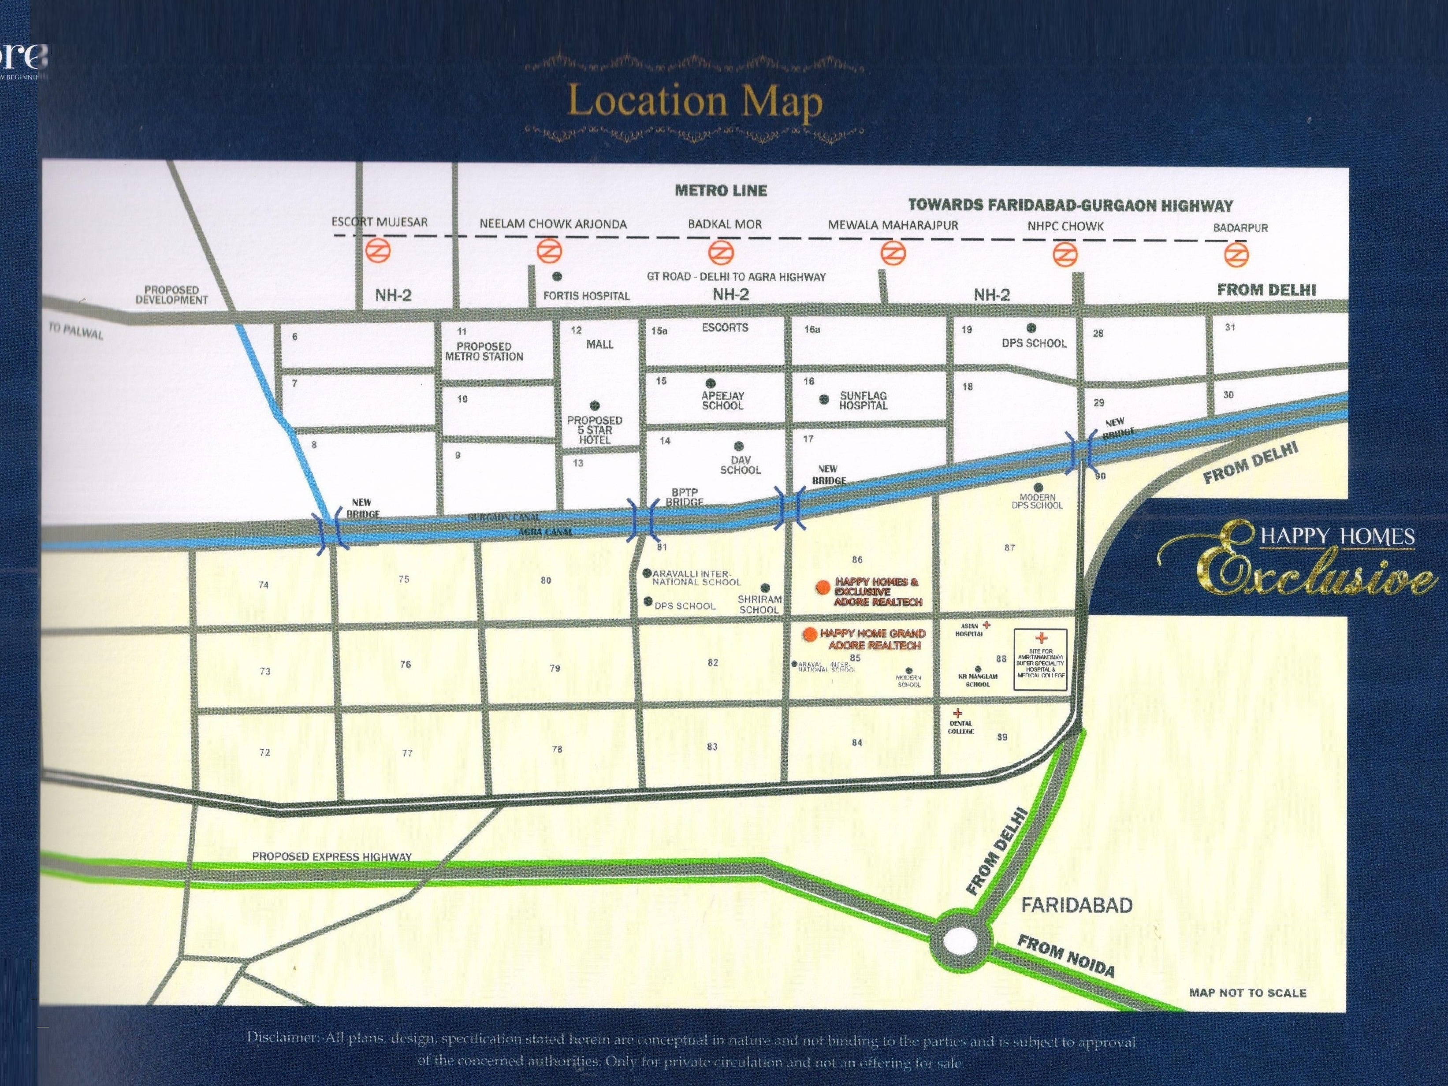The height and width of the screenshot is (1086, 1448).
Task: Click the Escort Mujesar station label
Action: click(x=379, y=222)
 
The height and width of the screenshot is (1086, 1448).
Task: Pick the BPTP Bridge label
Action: click(x=684, y=497)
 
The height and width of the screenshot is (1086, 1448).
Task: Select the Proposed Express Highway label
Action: click(x=332, y=856)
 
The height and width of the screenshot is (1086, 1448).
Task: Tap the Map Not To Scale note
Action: click(x=1247, y=993)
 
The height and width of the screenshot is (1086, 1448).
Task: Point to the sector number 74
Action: click(x=263, y=584)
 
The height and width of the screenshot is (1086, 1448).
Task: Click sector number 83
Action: click(x=712, y=746)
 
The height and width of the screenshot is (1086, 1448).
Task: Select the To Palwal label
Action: click(x=76, y=332)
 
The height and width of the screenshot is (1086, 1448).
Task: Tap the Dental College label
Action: click(x=961, y=727)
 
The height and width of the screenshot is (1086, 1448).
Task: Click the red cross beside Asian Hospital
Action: click(x=986, y=625)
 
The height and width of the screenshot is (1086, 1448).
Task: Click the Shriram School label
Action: click(x=759, y=604)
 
